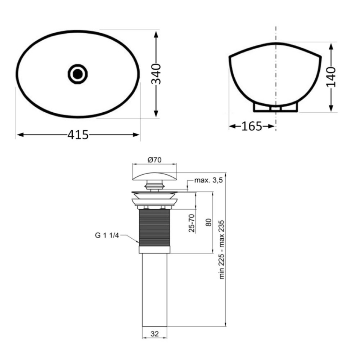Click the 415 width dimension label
click(78, 135)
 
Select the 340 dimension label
click(156, 74)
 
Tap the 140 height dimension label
click(331, 77)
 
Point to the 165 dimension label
click(252, 126)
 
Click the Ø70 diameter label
click(155, 160)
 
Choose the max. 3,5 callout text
click(208, 180)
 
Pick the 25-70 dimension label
click(192, 223)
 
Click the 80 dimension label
click(208, 222)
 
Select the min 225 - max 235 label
click(221, 249)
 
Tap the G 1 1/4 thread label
click(107, 235)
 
